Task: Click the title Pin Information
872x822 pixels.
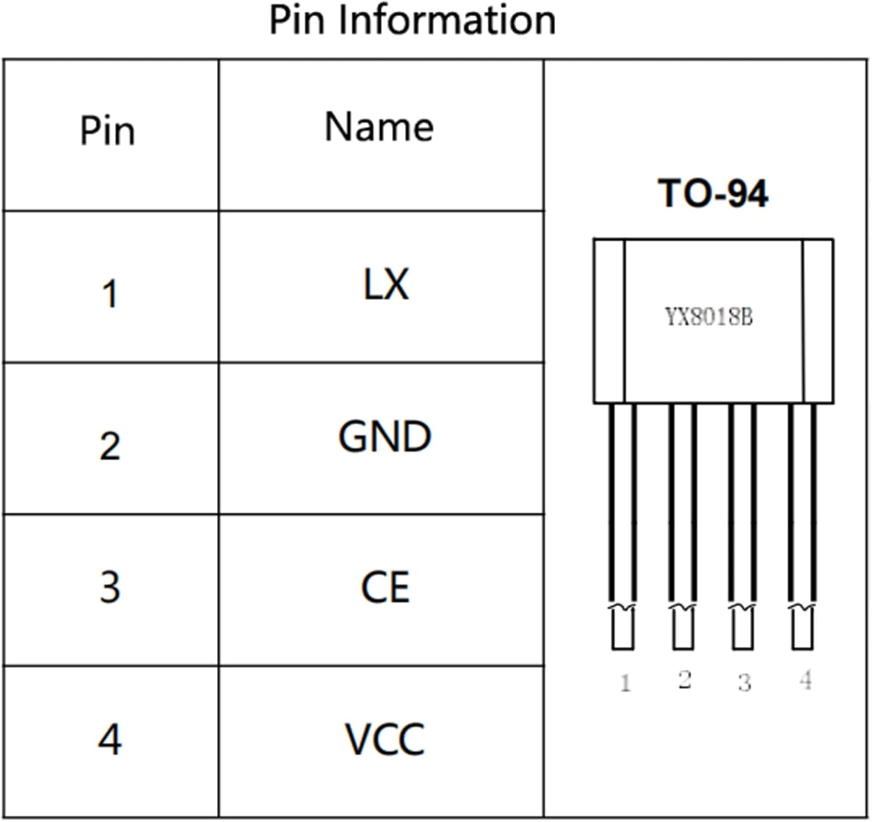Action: coord(412,21)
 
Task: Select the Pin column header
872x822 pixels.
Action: coord(108,131)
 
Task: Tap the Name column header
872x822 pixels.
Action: coord(379,127)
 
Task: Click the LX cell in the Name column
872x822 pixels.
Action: coord(385,284)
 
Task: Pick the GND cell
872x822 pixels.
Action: coord(385,437)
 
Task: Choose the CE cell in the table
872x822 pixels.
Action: coord(385,588)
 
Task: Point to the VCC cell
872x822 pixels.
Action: coord(385,739)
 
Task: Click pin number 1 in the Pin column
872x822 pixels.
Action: coord(110,294)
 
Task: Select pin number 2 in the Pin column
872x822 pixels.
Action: coord(110,447)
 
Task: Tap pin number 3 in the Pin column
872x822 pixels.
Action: coord(110,588)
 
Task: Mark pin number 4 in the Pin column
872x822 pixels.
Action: coord(110,740)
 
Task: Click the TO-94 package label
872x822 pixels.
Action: coord(713,194)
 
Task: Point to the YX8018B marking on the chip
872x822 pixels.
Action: coord(709,318)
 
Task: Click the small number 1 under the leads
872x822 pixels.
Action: coord(626,682)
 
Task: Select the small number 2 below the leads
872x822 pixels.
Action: coord(685,679)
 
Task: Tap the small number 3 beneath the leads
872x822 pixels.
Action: coord(745,682)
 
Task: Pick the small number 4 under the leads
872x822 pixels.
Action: coord(805,679)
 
